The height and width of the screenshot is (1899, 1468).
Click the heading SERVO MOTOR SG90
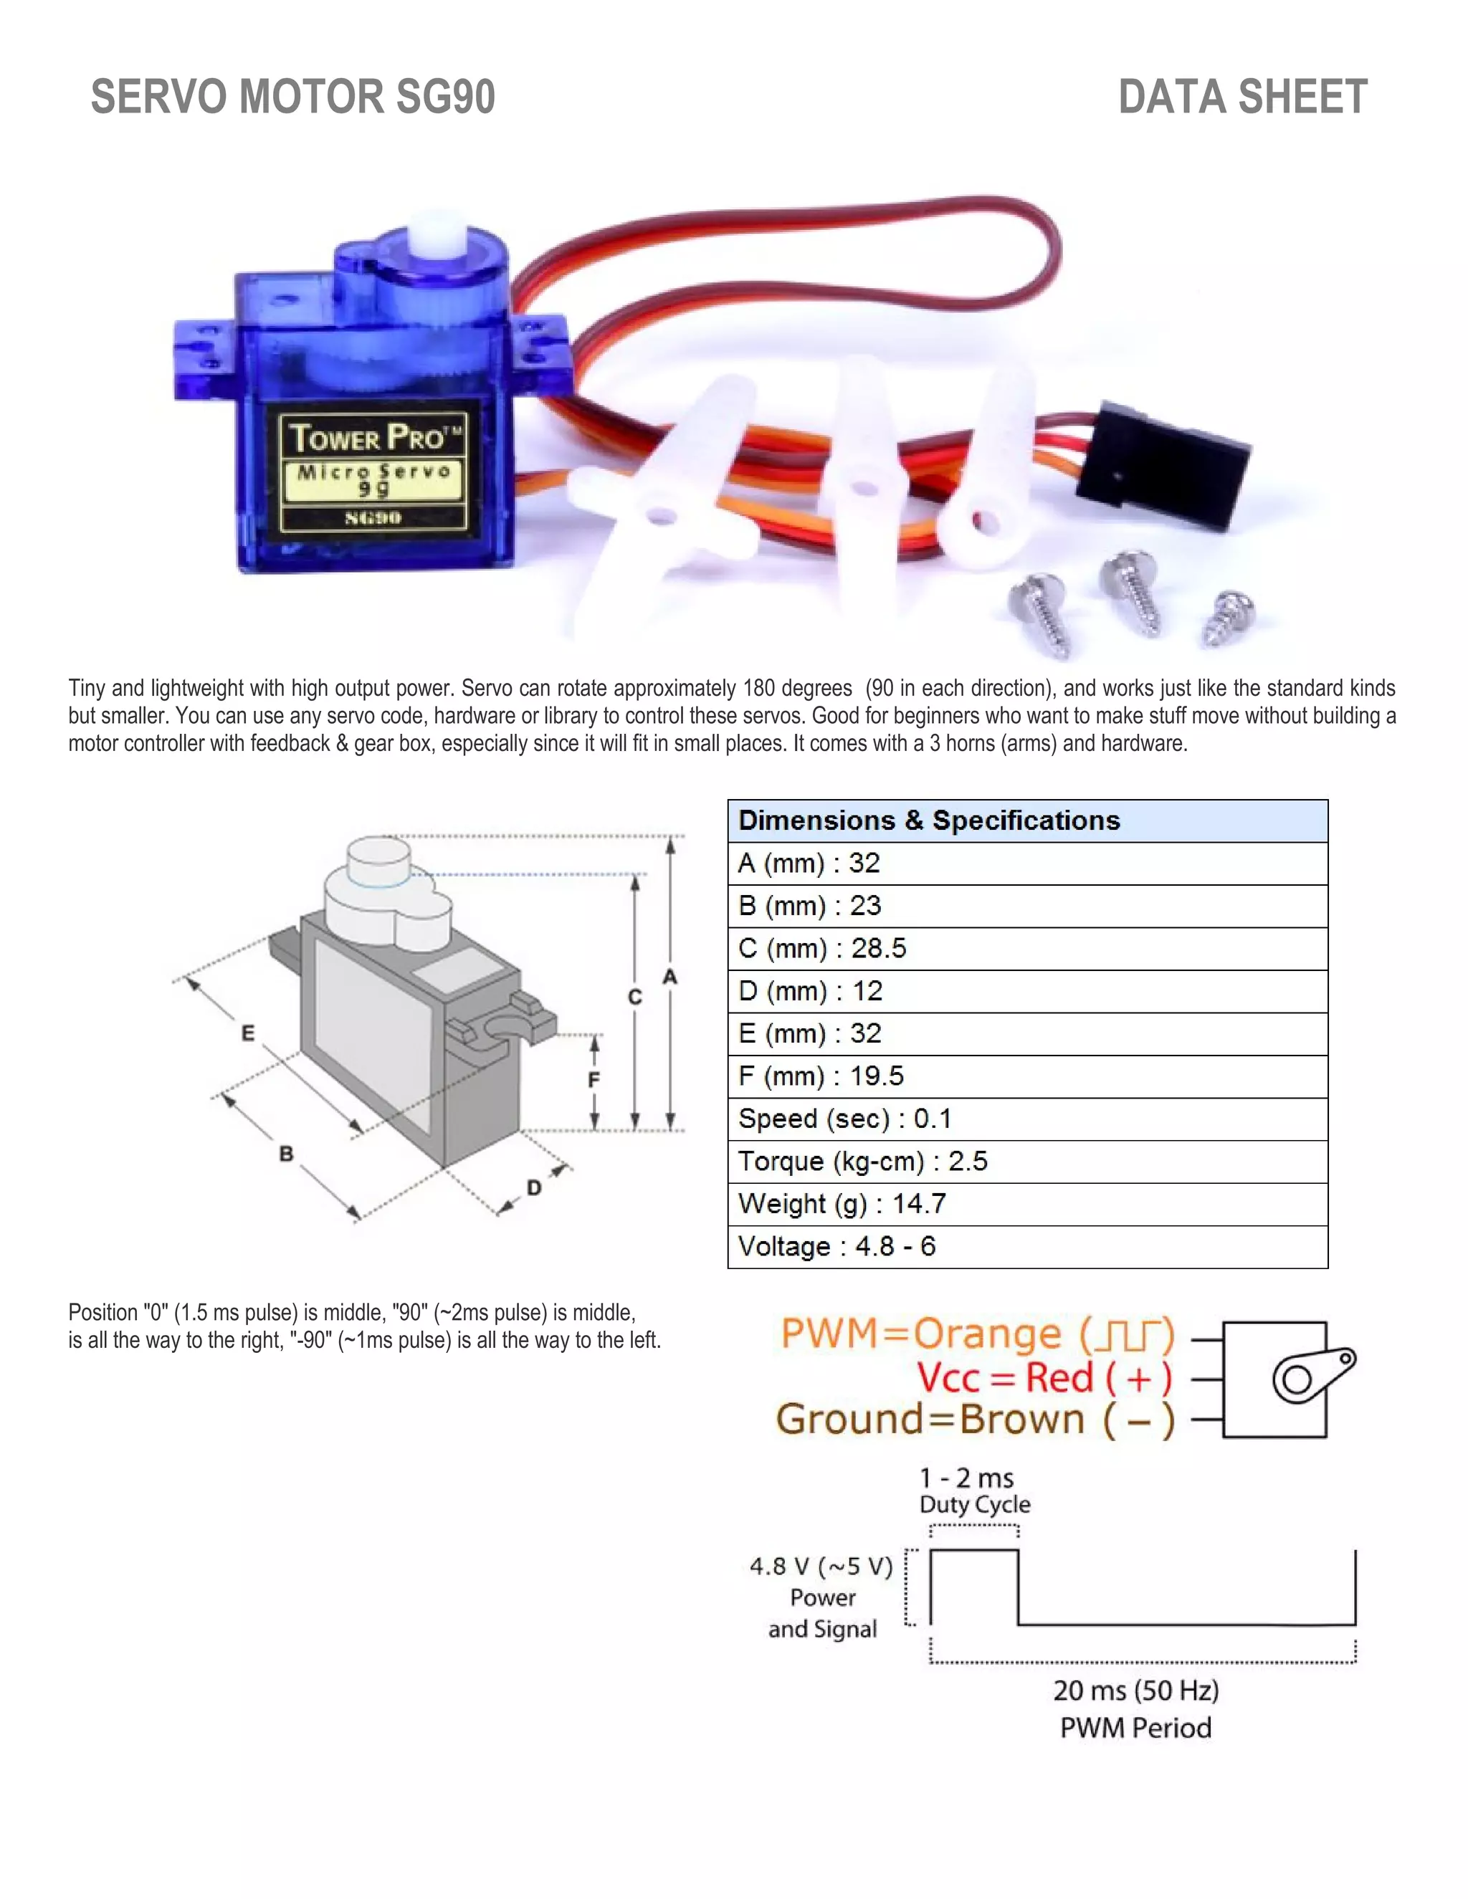[292, 97]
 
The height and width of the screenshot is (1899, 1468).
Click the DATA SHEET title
[1242, 97]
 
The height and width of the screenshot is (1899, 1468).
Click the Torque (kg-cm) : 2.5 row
[1026, 1161]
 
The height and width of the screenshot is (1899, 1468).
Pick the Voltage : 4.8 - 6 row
[1026, 1246]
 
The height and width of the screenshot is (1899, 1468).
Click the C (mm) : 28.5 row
[1026, 948]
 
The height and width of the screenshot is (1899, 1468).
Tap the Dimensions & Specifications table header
[1026, 820]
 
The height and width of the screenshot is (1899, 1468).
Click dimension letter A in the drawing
[669, 977]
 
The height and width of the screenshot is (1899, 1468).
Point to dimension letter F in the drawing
[594, 1079]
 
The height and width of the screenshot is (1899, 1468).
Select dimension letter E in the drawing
[248, 1033]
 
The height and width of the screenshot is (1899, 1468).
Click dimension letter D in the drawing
[534, 1187]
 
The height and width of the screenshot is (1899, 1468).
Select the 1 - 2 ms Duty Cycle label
[974, 1491]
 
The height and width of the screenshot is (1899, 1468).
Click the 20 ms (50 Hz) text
[1136, 1690]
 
